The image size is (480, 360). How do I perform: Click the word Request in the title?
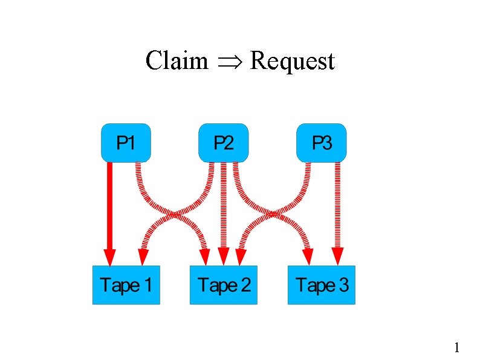[x=292, y=61]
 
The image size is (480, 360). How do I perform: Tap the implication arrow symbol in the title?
[x=229, y=62]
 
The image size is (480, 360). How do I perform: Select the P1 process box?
[x=126, y=143]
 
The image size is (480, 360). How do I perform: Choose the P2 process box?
[x=224, y=143]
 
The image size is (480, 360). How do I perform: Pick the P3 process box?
[x=321, y=143]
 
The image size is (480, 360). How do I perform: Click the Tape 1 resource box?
[x=126, y=284]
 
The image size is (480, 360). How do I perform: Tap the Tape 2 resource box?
[x=224, y=284]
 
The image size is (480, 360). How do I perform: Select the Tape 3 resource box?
[x=321, y=284]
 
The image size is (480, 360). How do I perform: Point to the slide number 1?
[x=456, y=347]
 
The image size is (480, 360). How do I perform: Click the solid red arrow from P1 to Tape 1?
[x=109, y=206]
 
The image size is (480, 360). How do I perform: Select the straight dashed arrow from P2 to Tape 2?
[x=224, y=206]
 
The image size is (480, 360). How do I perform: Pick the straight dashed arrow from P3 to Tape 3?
[x=337, y=206]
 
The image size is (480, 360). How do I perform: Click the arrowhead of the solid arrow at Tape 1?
[x=109, y=257]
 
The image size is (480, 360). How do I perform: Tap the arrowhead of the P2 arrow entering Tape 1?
[x=143, y=257]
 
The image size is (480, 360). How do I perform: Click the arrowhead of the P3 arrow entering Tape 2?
[x=241, y=257]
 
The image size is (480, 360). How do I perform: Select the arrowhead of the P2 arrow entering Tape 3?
[x=307, y=257]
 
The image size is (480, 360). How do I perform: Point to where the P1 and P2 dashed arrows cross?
[x=175, y=214]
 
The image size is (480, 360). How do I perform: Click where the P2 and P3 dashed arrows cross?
[x=273, y=214]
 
